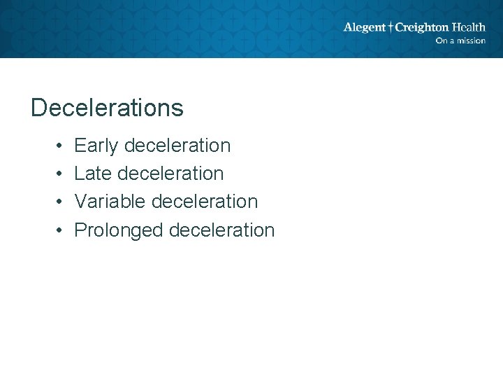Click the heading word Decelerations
click(x=107, y=108)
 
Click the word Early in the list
click(x=96, y=146)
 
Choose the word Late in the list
click(x=94, y=174)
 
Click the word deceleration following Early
click(x=177, y=146)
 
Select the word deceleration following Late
click(x=170, y=174)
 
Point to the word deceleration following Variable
click(x=204, y=202)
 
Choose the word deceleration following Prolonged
click(x=221, y=230)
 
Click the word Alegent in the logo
click(x=364, y=28)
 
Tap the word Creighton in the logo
click(x=422, y=28)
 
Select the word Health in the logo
click(x=469, y=27)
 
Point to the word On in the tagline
click(x=441, y=41)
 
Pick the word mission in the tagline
click(x=471, y=41)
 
